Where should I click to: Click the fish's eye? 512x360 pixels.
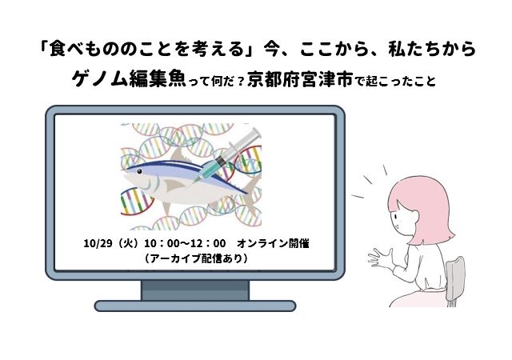pos(140,171)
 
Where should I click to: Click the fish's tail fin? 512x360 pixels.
pos(254,196)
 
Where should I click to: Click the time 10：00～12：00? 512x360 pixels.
pos(185,244)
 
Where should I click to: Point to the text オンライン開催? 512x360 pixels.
pos(273,244)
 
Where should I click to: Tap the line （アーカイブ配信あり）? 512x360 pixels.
pos(196,258)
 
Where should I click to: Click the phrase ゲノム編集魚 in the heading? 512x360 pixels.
pos(129,80)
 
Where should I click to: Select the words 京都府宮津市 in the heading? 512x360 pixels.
pos(300,80)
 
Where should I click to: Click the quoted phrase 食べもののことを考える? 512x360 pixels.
pos(147,49)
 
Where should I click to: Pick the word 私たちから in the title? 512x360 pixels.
pos(432,49)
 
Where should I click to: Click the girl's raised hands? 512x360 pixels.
pos(382,257)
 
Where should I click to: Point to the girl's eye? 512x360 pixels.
pos(395,217)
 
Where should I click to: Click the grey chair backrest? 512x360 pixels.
pos(455,277)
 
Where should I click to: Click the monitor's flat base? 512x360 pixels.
pos(195,306)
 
